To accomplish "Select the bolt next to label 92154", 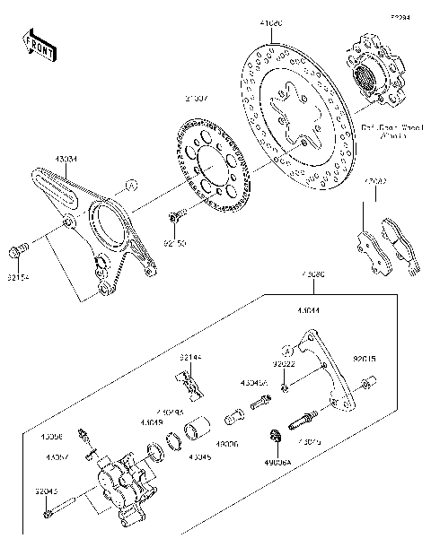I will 20,248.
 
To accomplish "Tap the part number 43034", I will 66,159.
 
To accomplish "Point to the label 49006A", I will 277,464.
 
